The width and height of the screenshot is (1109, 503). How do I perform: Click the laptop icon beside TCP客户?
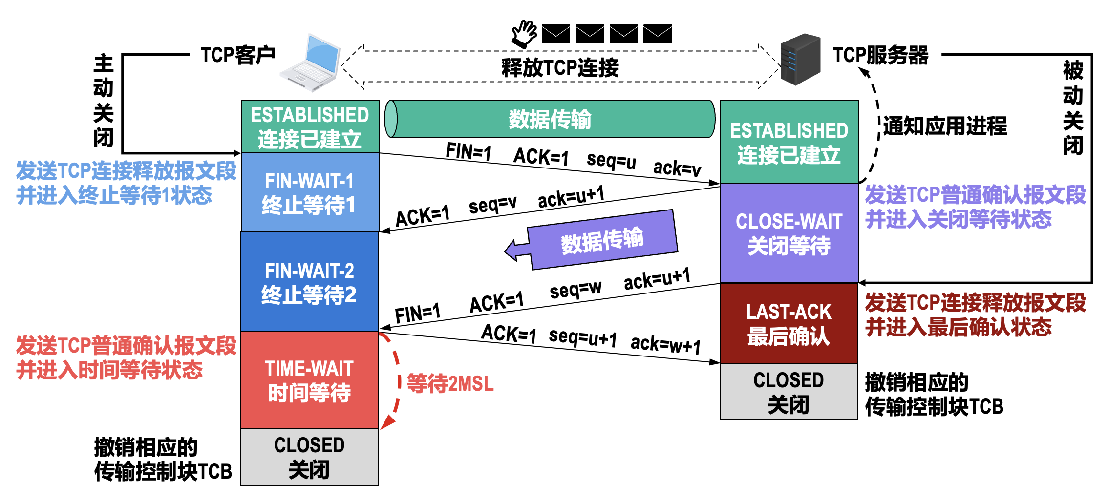(311, 63)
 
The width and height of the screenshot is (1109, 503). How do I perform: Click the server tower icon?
(800, 60)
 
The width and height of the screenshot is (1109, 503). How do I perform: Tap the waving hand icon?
(524, 33)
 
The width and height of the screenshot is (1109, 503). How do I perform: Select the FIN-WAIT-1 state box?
(310, 192)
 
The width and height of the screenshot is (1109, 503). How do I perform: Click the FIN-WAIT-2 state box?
(310, 282)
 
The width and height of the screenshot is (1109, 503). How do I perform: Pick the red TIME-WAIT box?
(310, 380)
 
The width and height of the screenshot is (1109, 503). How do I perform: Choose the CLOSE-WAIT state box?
(789, 233)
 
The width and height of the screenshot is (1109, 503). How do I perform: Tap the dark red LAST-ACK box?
(789, 323)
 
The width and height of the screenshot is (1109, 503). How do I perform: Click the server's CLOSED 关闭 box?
(789, 392)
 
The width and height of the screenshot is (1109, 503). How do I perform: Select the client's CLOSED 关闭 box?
(310, 457)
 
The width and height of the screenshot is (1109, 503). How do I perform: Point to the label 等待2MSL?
(450, 384)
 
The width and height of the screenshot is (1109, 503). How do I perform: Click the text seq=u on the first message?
(611, 161)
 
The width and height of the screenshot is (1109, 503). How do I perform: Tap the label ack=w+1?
(665, 345)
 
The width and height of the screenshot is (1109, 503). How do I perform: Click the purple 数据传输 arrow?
(601, 240)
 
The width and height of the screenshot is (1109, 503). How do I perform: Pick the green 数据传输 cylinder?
(550, 119)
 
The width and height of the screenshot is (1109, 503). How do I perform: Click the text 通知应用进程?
(945, 126)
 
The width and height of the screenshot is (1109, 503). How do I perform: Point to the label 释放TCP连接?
(560, 67)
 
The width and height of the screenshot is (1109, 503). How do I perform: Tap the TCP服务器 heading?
(880, 55)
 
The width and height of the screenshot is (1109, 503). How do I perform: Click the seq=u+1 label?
(582, 337)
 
